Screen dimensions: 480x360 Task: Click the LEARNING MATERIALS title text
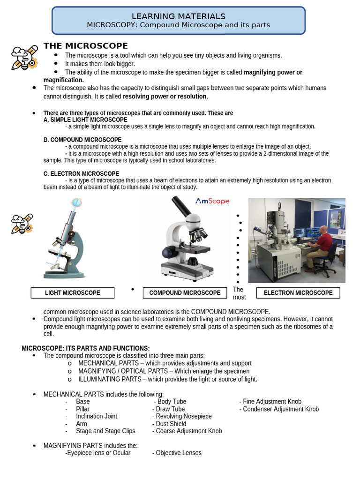[x=178, y=16]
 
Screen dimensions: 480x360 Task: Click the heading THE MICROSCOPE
[x=85, y=45]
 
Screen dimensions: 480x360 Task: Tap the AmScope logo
[x=212, y=201]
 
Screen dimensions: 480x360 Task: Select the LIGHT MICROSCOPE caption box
[x=73, y=293]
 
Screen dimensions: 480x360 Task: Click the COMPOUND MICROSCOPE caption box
[x=185, y=293]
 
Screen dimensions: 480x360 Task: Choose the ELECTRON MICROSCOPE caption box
[x=298, y=293]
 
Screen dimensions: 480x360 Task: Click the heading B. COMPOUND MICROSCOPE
[x=82, y=140]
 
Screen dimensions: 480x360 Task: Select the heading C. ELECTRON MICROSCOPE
[x=81, y=173]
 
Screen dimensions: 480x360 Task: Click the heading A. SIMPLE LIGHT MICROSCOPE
[x=85, y=120]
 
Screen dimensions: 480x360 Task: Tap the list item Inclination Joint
[x=97, y=416]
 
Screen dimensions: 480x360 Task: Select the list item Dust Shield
[x=171, y=424]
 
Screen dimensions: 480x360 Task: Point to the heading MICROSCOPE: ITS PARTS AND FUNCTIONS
[x=86, y=348]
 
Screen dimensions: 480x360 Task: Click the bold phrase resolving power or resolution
[x=165, y=96]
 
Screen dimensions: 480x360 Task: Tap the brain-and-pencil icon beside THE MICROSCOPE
[x=24, y=57]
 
